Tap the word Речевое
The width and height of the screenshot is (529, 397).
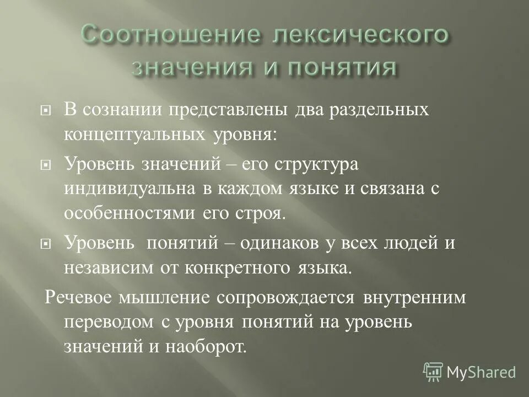coord(77,297)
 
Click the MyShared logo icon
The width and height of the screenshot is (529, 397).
coord(433,372)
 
